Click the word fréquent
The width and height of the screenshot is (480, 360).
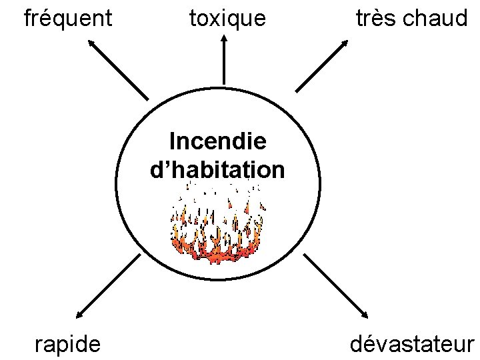[x=67, y=19]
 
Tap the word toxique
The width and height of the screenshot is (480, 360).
[x=227, y=19]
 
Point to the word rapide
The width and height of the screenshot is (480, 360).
[x=68, y=343]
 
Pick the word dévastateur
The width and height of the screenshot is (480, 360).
[x=411, y=343]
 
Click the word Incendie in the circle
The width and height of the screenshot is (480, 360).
[x=218, y=141]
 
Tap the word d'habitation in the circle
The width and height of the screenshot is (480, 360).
[x=218, y=169]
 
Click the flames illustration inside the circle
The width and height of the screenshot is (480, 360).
[x=217, y=223]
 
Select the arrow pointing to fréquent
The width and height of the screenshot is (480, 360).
[x=118, y=69]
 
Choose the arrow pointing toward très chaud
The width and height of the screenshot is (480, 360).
[x=322, y=65]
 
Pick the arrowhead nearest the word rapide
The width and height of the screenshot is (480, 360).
[x=79, y=313]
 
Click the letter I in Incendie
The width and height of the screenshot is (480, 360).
[x=173, y=141]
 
